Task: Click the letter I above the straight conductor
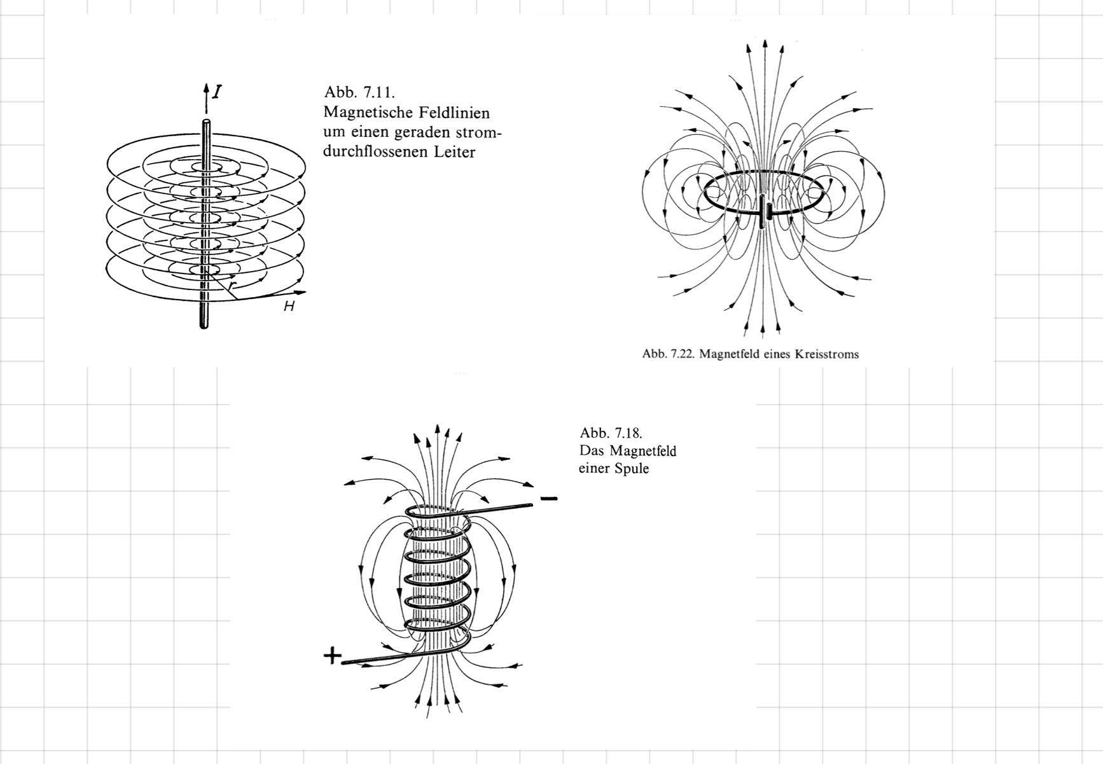click(x=218, y=92)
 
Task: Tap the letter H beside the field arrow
click(x=289, y=307)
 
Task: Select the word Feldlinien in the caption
click(x=454, y=113)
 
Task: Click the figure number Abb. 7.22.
click(x=669, y=354)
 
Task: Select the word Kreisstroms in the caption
click(x=826, y=354)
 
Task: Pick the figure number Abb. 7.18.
click(x=611, y=433)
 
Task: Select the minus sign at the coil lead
click(x=549, y=498)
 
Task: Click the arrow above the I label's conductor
click(x=205, y=89)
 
